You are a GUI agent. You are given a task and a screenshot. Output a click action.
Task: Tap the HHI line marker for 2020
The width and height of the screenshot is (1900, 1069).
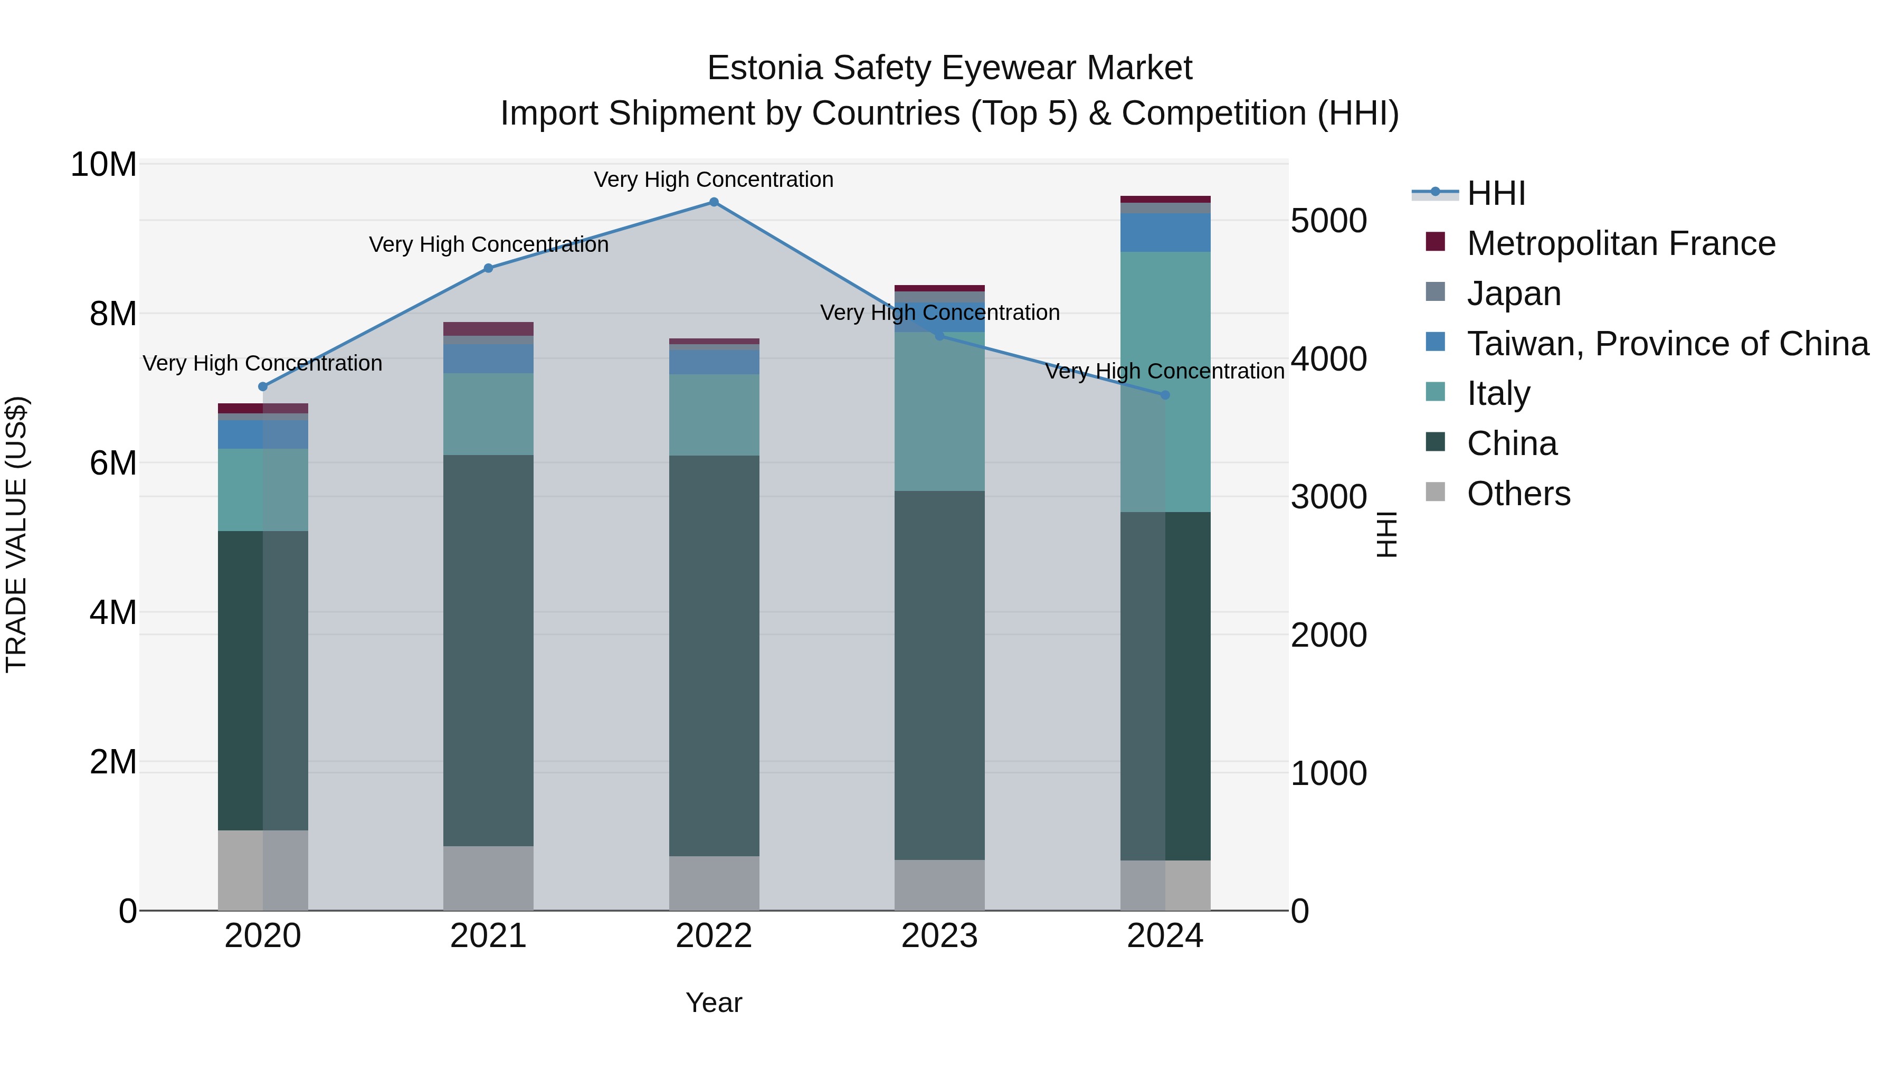click(x=263, y=386)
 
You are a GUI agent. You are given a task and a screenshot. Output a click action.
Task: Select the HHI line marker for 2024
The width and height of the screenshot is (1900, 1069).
click(x=1165, y=395)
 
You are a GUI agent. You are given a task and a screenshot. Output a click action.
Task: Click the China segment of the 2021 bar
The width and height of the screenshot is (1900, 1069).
click(x=488, y=649)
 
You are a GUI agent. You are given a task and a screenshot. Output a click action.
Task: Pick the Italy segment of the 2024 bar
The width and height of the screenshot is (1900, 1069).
click(x=1165, y=382)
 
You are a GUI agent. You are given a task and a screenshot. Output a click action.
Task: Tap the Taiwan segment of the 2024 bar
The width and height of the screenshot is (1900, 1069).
click(x=1165, y=232)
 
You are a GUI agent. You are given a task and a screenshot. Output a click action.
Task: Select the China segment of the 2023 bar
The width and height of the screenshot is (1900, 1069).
click(x=939, y=675)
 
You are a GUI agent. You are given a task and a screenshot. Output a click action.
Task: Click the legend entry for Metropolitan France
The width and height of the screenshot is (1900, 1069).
click(x=1620, y=243)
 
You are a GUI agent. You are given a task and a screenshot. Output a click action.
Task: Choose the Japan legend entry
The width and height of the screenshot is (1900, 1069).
click(x=1514, y=294)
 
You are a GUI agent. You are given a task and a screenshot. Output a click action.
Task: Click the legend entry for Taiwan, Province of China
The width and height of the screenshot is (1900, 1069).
click(x=1667, y=344)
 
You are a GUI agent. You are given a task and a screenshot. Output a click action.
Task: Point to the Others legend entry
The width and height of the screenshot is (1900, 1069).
click(x=1518, y=494)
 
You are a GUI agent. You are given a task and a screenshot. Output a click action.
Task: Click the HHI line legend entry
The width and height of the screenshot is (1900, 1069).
click(x=1495, y=193)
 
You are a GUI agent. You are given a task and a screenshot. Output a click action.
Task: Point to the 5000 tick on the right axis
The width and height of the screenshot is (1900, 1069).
click(x=1328, y=221)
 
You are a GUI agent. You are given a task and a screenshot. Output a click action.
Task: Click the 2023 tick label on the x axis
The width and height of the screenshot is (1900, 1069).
click(x=939, y=936)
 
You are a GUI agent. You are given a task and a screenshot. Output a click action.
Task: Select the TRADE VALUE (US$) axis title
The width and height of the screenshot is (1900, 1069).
click(x=16, y=534)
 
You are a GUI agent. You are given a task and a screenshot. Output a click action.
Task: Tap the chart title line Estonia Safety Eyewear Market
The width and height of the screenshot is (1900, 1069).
click(x=949, y=68)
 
